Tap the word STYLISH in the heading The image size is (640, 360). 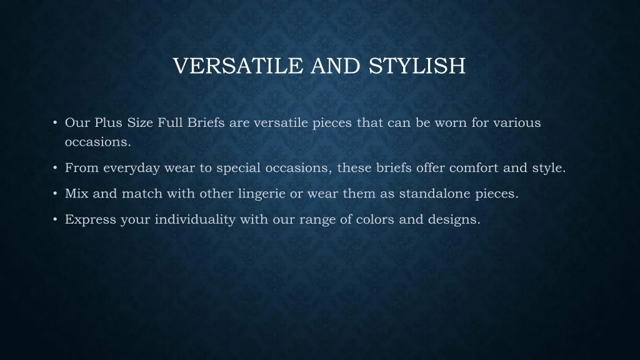point(417,66)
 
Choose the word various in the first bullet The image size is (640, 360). point(517,122)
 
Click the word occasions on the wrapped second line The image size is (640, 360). point(98,142)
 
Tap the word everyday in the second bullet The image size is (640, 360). point(131,167)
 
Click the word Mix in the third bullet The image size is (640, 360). point(76,194)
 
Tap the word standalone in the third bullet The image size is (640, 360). point(435,194)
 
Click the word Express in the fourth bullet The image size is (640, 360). point(91,219)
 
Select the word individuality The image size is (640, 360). point(195,219)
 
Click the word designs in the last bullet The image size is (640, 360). point(454,219)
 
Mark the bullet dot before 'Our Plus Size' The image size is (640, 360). point(55,122)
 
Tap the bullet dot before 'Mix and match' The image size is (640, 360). point(55,194)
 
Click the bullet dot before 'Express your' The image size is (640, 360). point(55,219)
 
